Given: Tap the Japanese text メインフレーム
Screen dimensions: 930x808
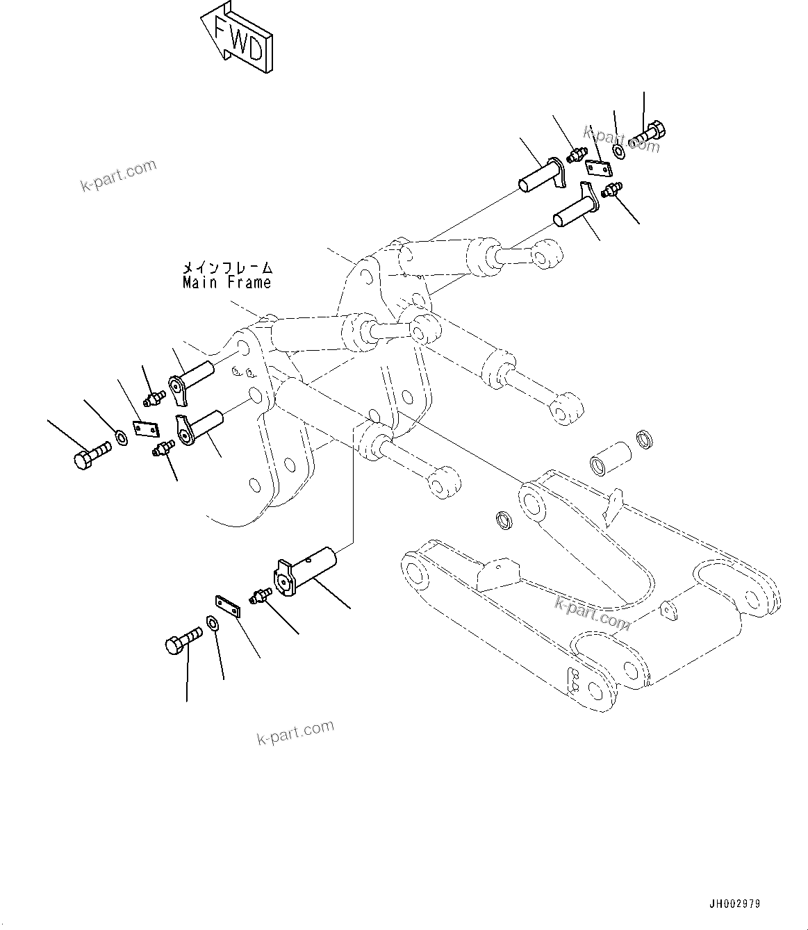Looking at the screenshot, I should coord(227,267).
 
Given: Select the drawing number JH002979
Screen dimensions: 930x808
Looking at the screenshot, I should coord(734,904).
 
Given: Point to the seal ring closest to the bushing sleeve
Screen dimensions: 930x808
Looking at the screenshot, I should coord(645,440).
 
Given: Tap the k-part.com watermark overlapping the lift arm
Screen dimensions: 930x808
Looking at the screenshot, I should coord(592,613).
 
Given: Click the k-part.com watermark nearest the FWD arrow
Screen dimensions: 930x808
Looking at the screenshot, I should coord(118,176).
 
